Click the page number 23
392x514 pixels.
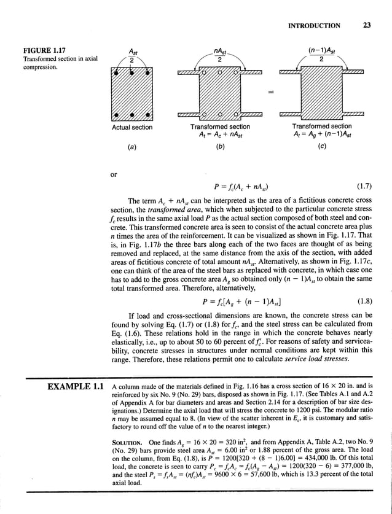[366, 26]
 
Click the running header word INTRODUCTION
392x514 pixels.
[313, 26]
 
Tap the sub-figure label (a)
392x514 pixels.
[131, 147]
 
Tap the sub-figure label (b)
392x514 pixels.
[220, 147]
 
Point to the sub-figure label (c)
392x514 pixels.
[322, 147]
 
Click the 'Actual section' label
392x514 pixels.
[131, 127]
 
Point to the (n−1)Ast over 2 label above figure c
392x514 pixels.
[321, 55]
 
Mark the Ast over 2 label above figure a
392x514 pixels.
[131, 55]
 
